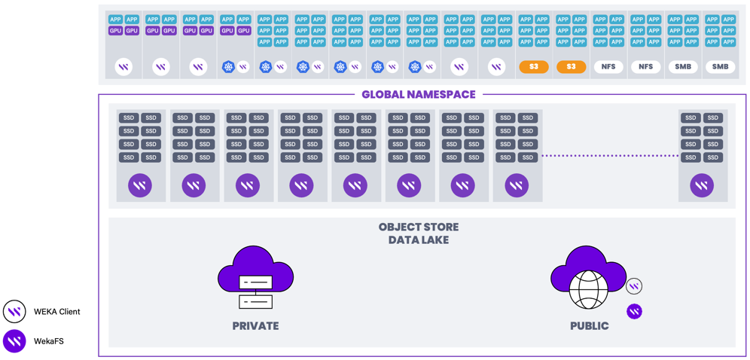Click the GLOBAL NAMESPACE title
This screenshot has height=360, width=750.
coord(419,94)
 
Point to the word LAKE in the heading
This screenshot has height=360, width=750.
coord(434,240)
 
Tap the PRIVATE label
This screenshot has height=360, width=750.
coord(255,326)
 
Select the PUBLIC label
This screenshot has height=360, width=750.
coord(590,326)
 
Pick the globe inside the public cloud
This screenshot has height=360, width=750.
coord(589,291)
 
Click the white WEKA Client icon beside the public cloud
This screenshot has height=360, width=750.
coord(634,286)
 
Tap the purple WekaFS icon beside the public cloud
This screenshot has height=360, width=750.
coord(634,311)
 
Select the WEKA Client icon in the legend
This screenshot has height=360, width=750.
coord(14,312)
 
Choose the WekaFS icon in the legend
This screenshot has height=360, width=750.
coord(14,341)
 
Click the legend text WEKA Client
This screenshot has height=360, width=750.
coord(57,312)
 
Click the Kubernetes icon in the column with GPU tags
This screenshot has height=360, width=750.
coord(227,67)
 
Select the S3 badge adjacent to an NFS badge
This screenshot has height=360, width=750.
coord(571,67)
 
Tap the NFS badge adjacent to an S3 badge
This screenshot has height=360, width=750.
coord(608,67)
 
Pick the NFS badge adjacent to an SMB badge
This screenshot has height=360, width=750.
coord(646,67)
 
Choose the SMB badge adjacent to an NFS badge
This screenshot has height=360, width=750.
coord(683,67)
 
